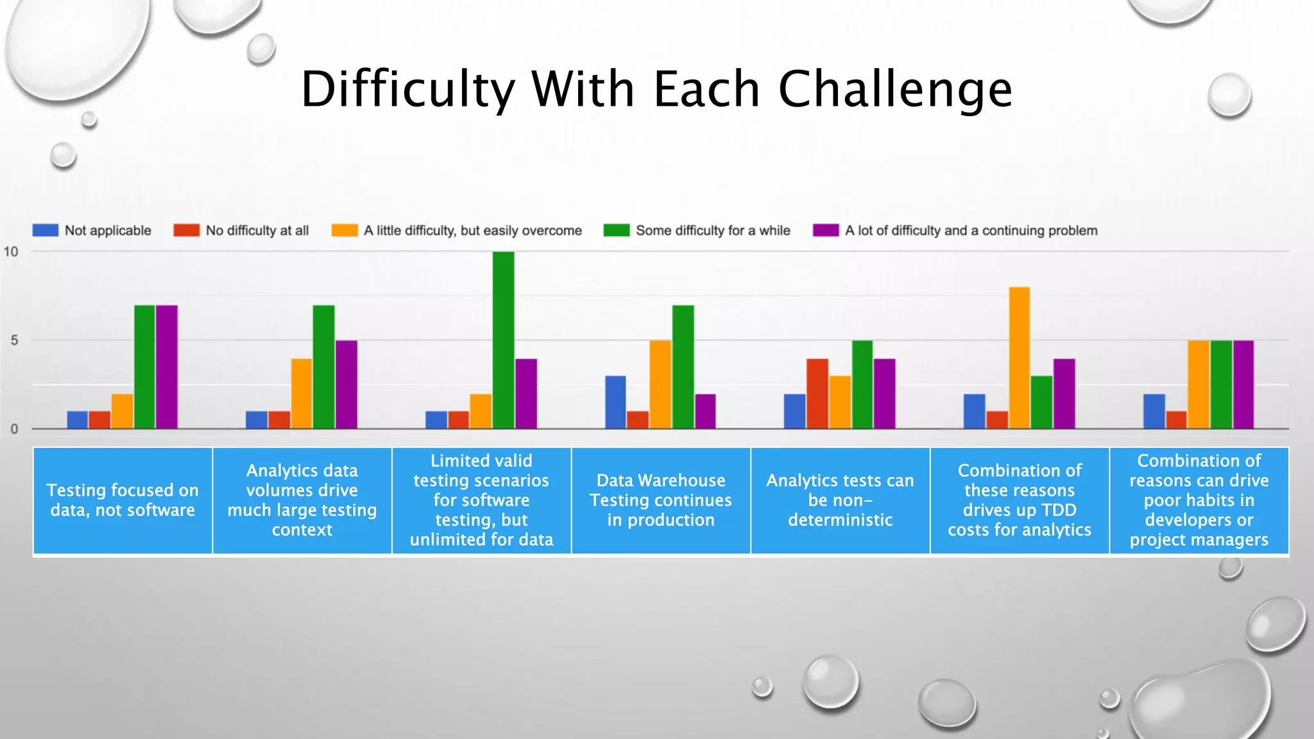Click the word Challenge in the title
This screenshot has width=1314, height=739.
tap(895, 90)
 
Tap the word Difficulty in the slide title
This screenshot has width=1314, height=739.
tap(408, 90)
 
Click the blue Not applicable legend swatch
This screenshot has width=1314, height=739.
tap(46, 230)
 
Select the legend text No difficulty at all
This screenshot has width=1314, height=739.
tap(257, 230)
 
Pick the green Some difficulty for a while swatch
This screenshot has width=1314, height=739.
tap(617, 230)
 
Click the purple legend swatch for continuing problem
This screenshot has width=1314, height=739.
tap(826, 230)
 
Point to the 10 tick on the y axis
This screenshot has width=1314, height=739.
tap(11, 251)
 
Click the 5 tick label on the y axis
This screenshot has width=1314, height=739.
tap(14, 340)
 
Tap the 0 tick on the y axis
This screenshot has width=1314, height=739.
tap(14, 429)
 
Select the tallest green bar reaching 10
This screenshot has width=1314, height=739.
tap(503, 340)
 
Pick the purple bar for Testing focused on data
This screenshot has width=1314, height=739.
tap(167, 367)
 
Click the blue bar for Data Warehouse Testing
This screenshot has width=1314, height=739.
tap(615, 402)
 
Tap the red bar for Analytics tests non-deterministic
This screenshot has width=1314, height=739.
tap(817, 393)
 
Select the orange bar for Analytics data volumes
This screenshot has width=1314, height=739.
tap(302, 393)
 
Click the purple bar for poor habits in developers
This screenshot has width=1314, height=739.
tap(1243, 384)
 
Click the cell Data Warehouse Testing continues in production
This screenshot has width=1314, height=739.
tap(661, 500)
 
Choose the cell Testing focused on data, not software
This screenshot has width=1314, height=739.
tap(123, 500)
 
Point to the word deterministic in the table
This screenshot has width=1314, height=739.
tap(840, 520)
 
